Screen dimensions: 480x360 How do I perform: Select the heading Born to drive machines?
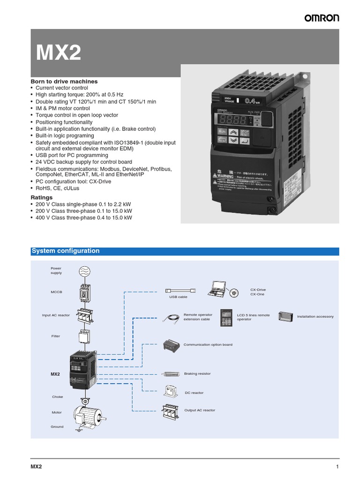64,81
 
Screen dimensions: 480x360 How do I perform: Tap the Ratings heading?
42,197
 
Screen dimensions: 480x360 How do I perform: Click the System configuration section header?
66,251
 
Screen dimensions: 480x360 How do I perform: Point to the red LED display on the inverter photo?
228,119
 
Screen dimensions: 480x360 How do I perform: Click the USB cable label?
178,297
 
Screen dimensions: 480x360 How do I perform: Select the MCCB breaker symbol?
84,292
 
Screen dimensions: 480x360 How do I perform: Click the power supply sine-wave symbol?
84,271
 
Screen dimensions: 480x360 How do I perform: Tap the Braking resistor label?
197,374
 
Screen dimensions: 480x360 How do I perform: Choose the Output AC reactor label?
200,410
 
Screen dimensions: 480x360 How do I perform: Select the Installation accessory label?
315,316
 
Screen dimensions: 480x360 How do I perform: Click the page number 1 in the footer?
337,467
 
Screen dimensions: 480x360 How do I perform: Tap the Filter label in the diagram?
56,336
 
